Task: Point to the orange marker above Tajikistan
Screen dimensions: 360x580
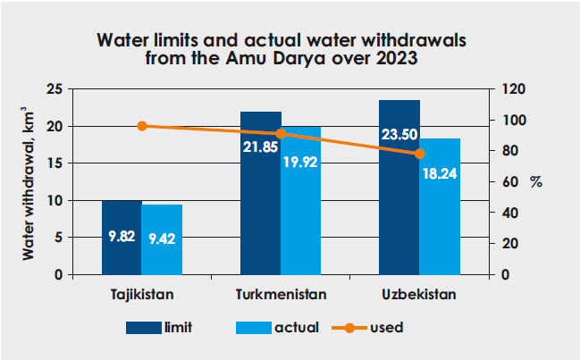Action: click(x=142, y=126)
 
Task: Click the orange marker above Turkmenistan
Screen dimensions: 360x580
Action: click(x=281, y=134)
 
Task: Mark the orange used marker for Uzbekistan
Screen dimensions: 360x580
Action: click(x=419, y=154)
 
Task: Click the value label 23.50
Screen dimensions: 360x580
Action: click(x=399, y=135)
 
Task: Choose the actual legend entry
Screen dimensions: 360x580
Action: click(x=277, y=327)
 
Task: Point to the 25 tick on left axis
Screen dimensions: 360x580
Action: click(x=55, y=89)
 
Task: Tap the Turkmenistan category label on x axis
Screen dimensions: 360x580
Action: click(x=281, y=294)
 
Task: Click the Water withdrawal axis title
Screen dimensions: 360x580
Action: click(x=29, y=183)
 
